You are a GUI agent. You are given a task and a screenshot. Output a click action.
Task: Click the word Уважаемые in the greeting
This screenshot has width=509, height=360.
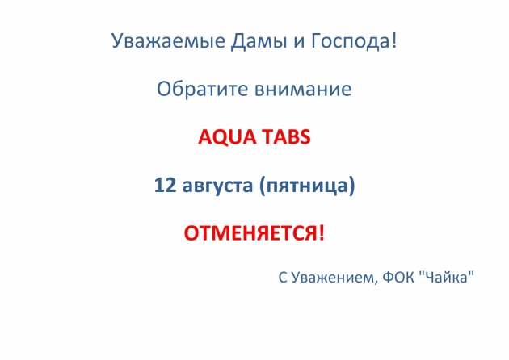169,41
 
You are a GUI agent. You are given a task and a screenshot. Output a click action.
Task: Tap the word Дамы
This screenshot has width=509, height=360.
259,41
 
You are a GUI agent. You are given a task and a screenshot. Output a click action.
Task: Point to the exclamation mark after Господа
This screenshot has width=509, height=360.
393,40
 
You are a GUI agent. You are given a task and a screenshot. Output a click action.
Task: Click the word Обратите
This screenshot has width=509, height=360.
202,89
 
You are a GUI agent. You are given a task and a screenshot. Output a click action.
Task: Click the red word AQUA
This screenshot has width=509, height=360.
227,136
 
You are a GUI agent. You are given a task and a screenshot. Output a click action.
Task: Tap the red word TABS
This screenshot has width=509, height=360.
287,136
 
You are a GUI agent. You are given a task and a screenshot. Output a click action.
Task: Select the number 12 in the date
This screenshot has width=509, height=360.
165,185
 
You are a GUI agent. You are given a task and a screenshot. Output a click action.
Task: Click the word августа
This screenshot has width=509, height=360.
217,186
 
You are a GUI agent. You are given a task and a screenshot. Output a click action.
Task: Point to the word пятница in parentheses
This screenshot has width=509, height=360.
307,186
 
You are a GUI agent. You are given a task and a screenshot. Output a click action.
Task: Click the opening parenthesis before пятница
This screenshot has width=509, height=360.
263,186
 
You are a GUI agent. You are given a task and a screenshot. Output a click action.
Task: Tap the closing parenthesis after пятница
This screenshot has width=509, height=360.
352,186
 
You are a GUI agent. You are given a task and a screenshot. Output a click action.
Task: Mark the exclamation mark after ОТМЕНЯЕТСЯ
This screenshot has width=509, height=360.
322,232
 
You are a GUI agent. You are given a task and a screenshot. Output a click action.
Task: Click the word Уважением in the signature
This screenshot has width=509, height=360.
332,278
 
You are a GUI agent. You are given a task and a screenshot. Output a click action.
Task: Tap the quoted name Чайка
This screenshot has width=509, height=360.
446,278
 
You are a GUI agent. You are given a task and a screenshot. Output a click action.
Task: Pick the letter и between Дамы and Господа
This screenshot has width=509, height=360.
299,43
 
